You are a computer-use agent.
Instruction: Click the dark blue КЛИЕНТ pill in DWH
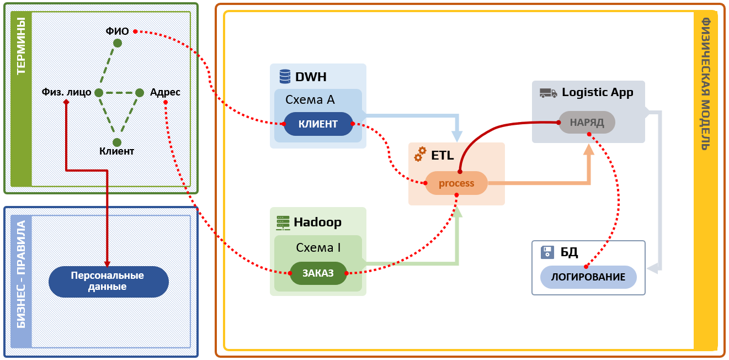pyautogui.click(x=318, y=124)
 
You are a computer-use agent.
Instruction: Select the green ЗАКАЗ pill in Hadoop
pyautogui.click(x=318, y=273)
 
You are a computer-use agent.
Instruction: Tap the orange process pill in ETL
pyautogui.click(x=456, y=183)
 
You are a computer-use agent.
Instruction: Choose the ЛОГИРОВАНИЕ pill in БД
pyautogui.click(x=588, y=277)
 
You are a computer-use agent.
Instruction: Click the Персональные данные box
pyautogui.click(x=108, y=282)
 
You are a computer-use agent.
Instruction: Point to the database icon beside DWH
pyautogui.click(x=285, y=76)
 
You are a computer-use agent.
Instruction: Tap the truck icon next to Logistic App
pyautogui.click(x=548, y=93)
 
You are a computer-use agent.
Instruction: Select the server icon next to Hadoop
pyautogui.click(x=283, y=223)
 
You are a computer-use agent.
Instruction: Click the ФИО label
pyautogui.click(x=117, y=31)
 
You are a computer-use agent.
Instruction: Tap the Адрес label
pyautogui.click(x=165, y=92)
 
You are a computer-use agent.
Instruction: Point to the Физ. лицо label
pyautogui.click(x=66, y=92)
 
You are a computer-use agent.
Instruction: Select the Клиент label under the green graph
pyautogui.click(x=116, y=151)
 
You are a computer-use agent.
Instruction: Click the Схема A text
pyautogui.click(x=310, y=100)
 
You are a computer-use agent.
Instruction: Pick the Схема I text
pyautogui.click(x=318, y=247)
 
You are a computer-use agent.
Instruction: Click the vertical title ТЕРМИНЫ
pyautogui.click(x=21, y=46)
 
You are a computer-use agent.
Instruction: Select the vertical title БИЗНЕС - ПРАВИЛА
pyautogui.click(x=21, y=275)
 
